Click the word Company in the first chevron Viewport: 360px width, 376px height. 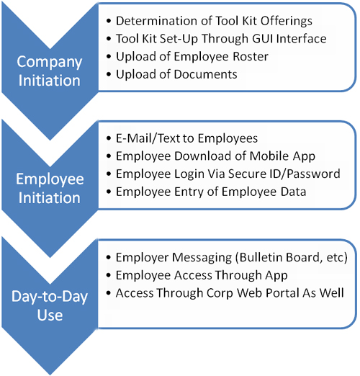tap(50, 63)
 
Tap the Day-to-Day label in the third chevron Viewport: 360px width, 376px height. tap(50, 297)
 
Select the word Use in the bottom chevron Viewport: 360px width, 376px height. tap(50, 315)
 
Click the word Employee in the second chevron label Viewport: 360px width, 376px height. tap(50, 179)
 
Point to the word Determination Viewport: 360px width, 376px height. tap(157, 21)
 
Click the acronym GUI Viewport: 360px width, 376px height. tap(262, 39)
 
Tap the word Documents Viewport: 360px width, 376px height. tap(205, 74)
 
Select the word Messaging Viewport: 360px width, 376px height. tap(202, 258)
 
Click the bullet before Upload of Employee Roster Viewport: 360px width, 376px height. tap(109, 57)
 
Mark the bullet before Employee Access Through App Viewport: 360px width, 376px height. tap(109, 275)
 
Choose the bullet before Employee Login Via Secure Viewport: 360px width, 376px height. tap(109, 174)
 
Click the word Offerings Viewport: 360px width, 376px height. tap(287, 22)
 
